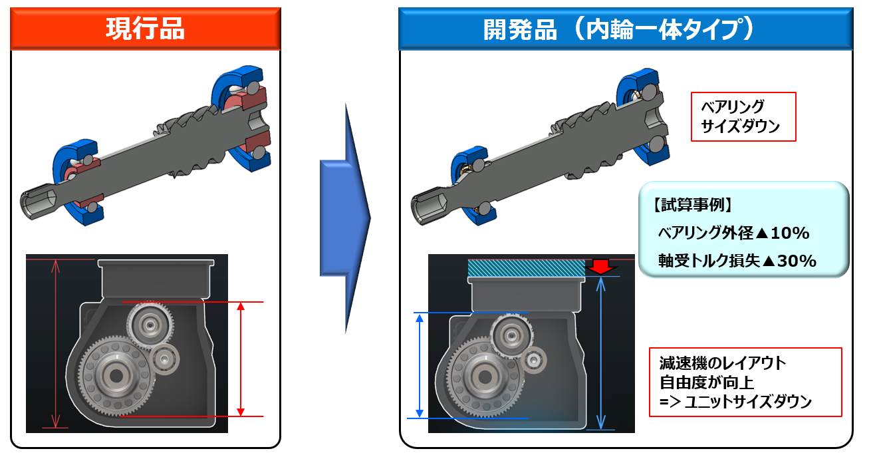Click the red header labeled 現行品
[x=145, y=29]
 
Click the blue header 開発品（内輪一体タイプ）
[x=625, y=29]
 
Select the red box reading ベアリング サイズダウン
[x=743, y=116]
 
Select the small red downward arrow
[x=600, y=267]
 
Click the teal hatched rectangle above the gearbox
[x=525, y=267]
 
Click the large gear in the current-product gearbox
[x=117, y=376]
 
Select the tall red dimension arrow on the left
[x=56, y=343]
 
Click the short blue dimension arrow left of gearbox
[x=420, y=365]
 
